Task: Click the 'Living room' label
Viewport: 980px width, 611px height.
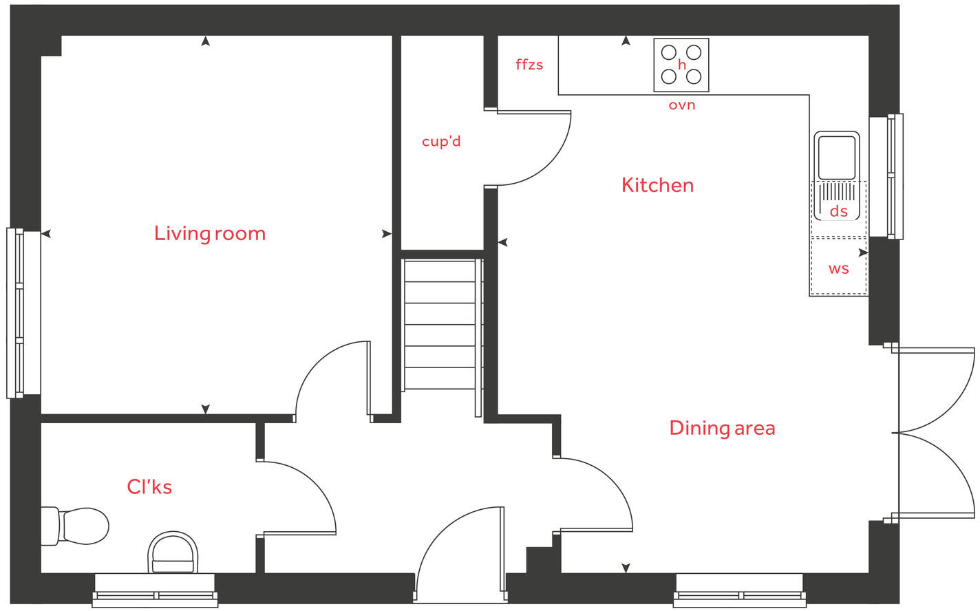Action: coord(210,234)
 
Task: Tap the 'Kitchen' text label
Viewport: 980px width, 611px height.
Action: coord(657,185)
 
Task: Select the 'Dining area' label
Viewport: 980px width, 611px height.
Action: coord(722,428)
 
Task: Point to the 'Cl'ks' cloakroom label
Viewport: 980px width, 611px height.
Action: coord(149,487)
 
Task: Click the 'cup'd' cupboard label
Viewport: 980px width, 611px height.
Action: coord(441,142)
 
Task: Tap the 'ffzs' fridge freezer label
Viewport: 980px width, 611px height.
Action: coord(529,65)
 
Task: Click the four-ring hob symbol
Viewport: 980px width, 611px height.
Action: coord(681,65)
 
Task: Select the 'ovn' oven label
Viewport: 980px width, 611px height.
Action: coord(682,105)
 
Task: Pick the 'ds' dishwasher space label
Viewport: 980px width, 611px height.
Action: coord(838,211)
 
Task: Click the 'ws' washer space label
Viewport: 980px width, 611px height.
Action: coord(838,269)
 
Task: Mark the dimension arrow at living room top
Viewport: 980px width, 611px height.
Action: coord(205,41)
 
